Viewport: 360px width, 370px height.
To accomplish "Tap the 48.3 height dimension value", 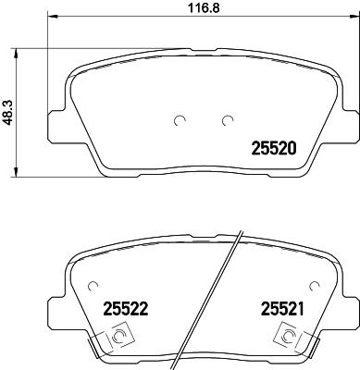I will click(x=9, y=111).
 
